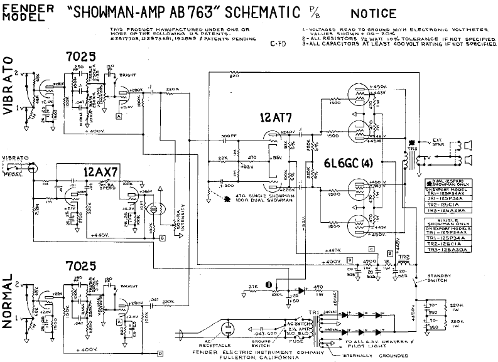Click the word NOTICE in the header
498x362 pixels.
pos(374,13)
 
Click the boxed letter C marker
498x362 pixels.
pos(371,248)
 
